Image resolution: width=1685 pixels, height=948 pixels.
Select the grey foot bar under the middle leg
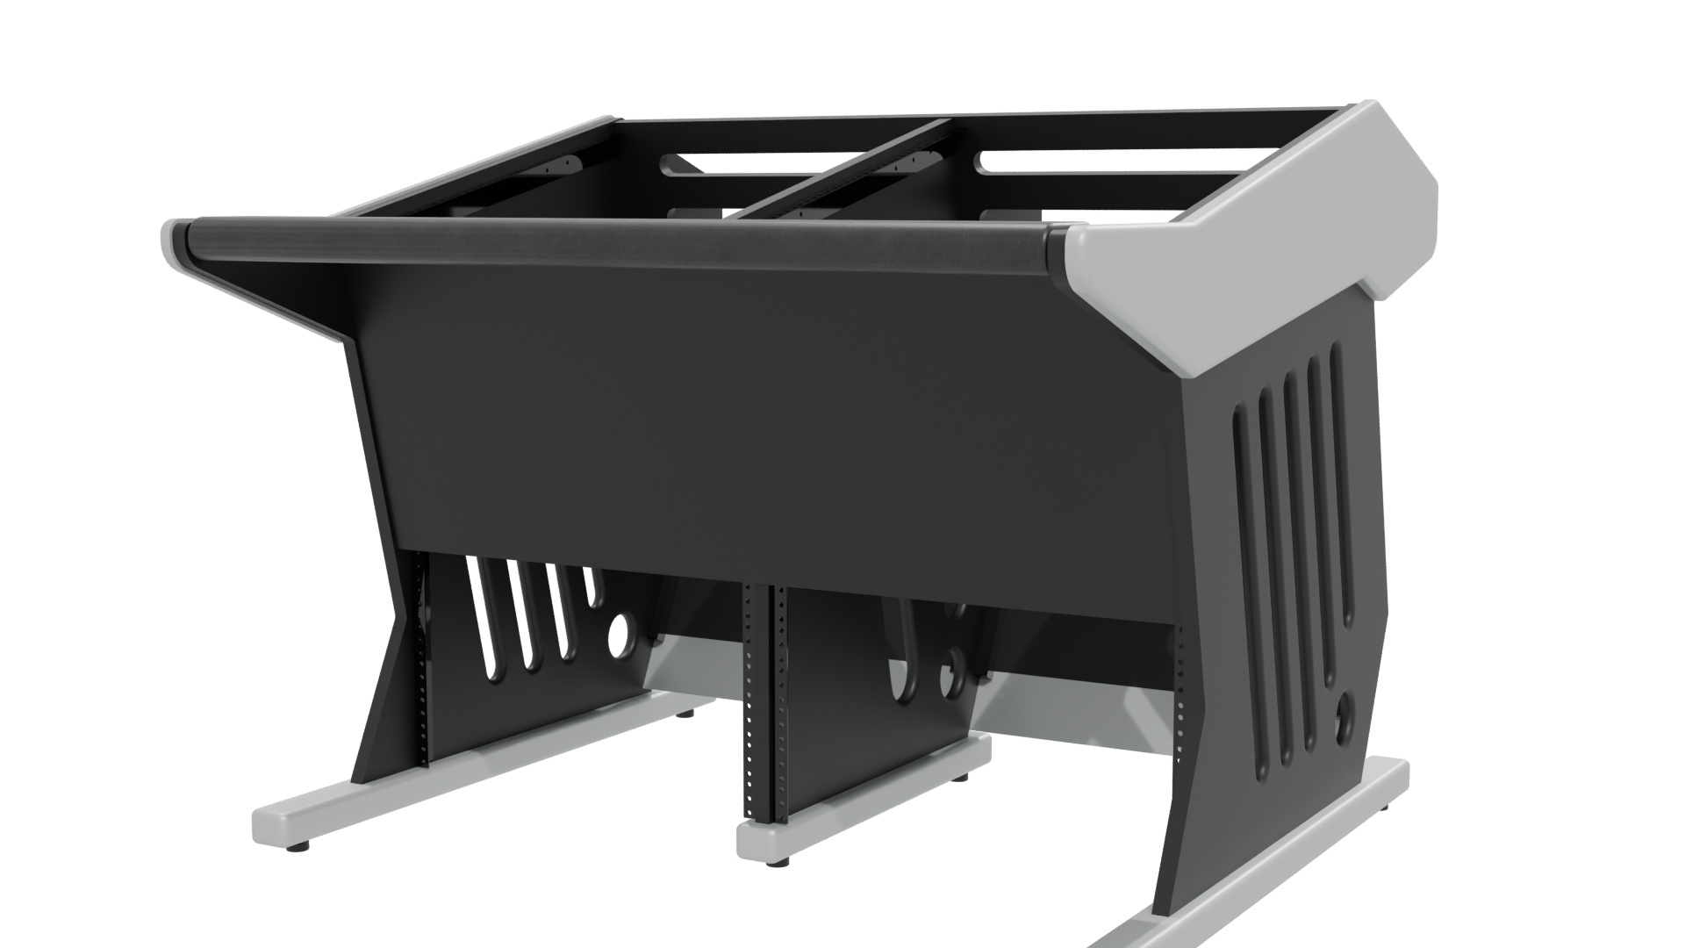point(878,790)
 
